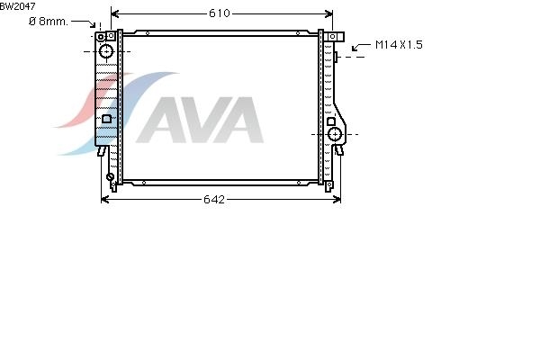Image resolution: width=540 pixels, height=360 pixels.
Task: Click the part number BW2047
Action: click(18, 6)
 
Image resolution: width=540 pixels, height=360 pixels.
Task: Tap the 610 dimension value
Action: click(220, 13)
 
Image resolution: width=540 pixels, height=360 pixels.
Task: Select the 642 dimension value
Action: click(214, 200)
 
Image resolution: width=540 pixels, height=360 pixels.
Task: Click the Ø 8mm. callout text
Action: click(49, 22)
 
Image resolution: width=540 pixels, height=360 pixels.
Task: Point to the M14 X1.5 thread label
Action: click(399, 45)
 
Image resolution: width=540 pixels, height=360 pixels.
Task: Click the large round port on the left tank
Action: click(106, 51)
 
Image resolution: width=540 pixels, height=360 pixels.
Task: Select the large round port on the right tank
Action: click(335, 134)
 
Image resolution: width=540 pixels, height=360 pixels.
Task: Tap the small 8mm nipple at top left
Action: click(100, 37)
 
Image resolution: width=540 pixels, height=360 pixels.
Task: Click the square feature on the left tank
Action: click(106, 119)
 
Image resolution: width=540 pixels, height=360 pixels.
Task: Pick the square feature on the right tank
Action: click(331, 121)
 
